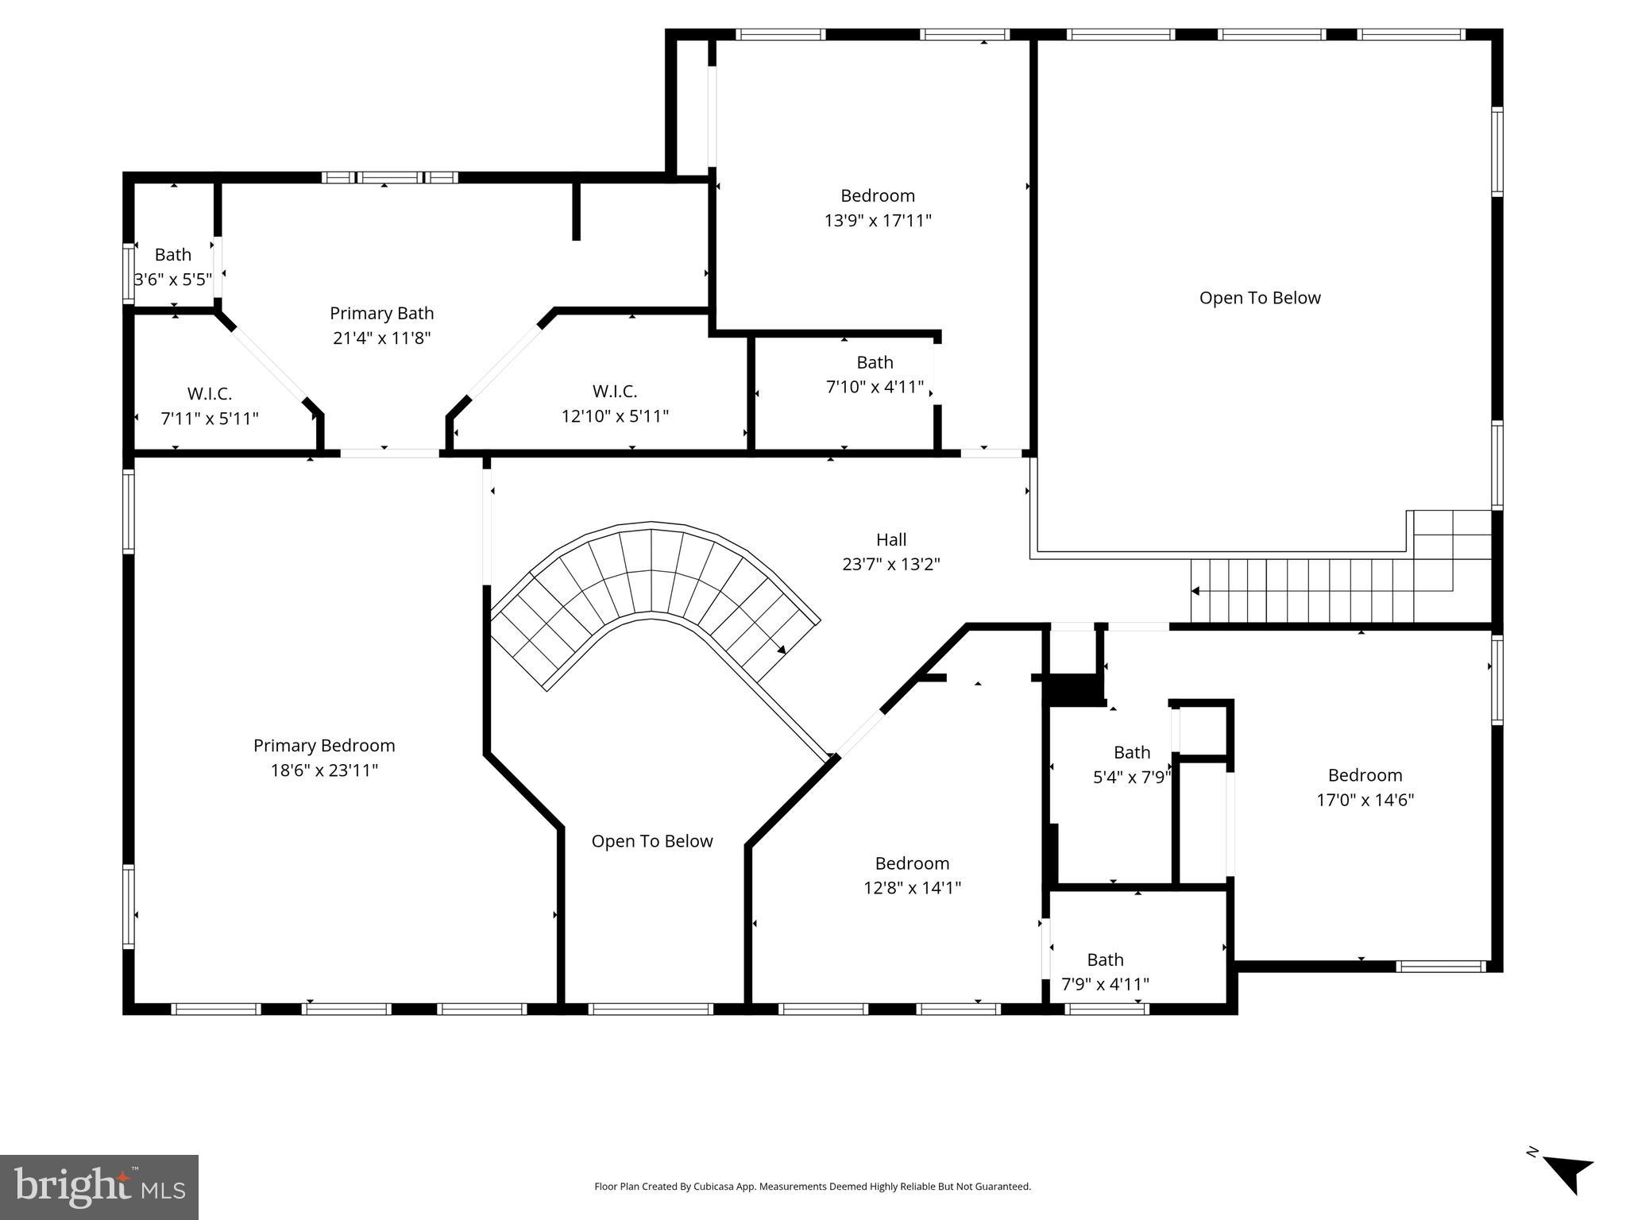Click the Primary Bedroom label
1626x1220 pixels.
[324, 745]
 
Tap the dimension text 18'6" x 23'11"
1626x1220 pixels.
[324, 770]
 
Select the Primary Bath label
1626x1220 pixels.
[381, 313]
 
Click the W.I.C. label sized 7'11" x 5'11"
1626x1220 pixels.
[210, 394]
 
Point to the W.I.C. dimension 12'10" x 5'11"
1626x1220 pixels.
[615, 416]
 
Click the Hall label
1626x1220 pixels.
[890, 540]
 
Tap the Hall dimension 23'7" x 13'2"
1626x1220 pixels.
[890, 565]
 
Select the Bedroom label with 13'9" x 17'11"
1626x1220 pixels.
[877, 195]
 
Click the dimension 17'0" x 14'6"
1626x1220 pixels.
[1365, 800]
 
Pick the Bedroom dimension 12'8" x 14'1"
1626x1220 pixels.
[912, 888]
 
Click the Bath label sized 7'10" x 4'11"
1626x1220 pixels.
[875, 362]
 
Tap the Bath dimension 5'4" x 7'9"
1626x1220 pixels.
[1131, 777]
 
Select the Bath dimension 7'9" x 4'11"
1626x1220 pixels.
[1105, 984]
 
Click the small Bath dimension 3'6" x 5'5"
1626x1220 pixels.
[173, 280]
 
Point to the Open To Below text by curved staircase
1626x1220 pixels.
[651, 841]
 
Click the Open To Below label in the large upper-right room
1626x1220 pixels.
[1259, 298]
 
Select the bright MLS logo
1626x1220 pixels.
[99, 1187]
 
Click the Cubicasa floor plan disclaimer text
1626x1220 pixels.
[812, 1187]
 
